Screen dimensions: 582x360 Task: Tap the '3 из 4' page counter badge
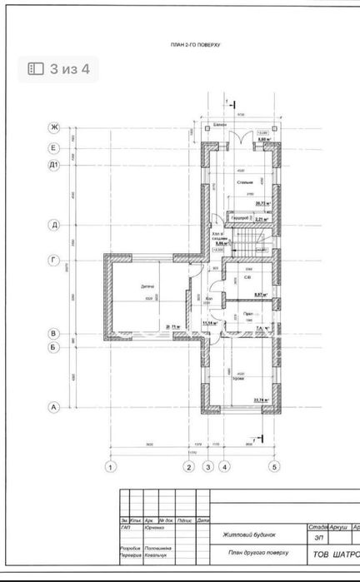(x=59, y=69)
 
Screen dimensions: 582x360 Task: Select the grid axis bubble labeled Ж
(x=54, y=127)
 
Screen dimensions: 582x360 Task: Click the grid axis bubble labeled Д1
(x=54, y=166)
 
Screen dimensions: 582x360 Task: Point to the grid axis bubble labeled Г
(x=54, y=260)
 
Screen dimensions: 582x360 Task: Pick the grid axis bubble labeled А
(x=54, y=407)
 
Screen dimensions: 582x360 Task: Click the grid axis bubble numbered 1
(x=109, y=466)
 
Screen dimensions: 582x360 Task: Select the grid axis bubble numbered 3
(x=208, y=466)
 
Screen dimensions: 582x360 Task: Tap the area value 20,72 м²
(x=263, y=202)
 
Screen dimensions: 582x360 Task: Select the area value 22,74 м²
(x=263, y=400)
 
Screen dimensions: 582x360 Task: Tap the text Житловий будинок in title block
(x=247, y=535)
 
